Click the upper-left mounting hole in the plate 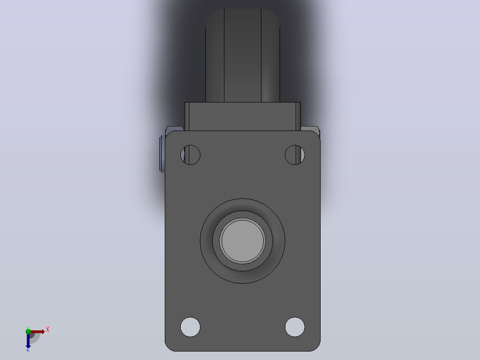(x=190, y=155)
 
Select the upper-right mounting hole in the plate (x=295, y=155)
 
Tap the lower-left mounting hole (x=190, y=327)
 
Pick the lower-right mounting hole (x=295, y=327)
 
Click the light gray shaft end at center (x=242, y=241)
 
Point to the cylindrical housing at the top (x=242, y=55)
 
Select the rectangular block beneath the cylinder (x=242, y=116)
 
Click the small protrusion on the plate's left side (x=162, y=154)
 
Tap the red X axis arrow (x=37, y=331)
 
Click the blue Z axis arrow (x=28, y=340)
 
